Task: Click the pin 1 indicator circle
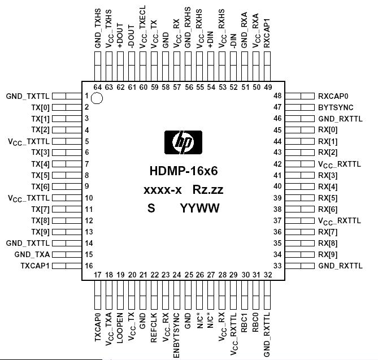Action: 97,99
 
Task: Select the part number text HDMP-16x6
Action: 184,171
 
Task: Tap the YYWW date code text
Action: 200,208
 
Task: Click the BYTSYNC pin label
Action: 336,107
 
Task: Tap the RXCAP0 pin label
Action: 334,96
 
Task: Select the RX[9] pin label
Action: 328,254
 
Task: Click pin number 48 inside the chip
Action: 277,96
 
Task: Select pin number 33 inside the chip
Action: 277,266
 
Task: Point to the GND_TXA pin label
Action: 36,254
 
